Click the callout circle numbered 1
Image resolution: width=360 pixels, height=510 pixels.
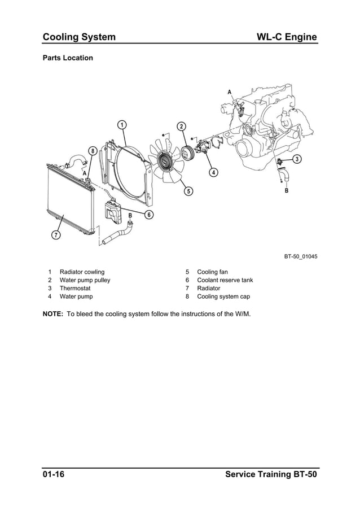click(121, 124)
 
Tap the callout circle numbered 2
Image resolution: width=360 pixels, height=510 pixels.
click(181, 126)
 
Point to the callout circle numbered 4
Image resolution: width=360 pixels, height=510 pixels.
click(213, 172)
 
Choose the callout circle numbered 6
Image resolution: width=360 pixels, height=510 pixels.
click(149, 214)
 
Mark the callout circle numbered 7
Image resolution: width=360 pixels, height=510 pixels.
click(56, 234)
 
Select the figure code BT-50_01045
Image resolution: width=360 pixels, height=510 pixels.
click(300, 258)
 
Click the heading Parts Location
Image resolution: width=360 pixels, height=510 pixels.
click(68, 58)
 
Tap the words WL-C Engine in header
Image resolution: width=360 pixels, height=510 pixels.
click(287, 37)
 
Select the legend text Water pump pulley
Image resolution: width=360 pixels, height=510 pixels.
click(85, 280)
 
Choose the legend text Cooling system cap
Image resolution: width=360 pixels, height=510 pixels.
click(223, 296)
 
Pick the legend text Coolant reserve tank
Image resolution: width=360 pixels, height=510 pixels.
click(225, 280)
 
